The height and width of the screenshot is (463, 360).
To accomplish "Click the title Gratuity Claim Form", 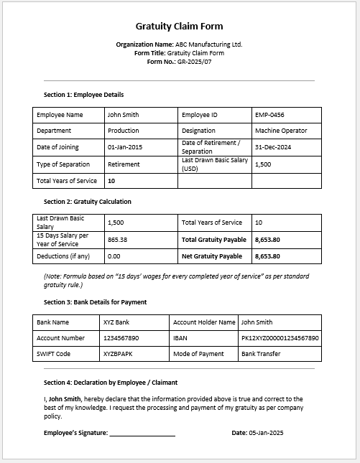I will (180, 27).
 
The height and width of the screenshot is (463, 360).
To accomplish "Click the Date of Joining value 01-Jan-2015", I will (125, 147).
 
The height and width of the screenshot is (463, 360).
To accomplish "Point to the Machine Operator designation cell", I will (281, 131).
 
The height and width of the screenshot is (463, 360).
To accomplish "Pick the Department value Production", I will (124, 131).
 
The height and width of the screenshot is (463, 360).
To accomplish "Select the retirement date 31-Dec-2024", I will (272, 147).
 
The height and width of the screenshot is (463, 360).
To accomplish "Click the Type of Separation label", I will (63, 164).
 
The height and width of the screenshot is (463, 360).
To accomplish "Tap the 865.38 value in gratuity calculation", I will (117, 240).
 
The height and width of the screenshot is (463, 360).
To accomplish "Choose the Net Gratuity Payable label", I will (212, 256).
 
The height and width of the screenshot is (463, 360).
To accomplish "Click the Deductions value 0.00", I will (114, 256).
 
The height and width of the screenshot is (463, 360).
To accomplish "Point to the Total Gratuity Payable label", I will (214, 240).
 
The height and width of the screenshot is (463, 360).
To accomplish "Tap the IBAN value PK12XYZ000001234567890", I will (280, 338).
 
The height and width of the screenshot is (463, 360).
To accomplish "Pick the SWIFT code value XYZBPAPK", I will (119, 354).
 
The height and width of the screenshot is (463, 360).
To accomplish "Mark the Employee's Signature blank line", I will (142, 434).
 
